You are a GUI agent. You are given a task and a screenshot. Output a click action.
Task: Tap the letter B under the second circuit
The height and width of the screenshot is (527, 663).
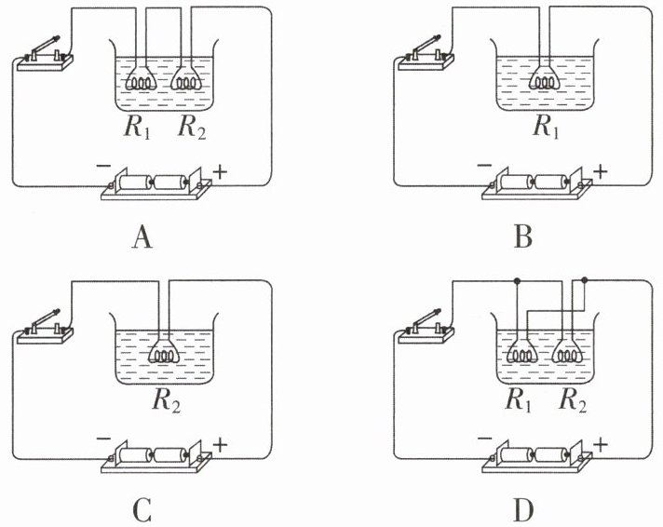coord(523,237)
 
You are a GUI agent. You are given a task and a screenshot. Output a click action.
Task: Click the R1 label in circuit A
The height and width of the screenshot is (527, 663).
coord(137,127)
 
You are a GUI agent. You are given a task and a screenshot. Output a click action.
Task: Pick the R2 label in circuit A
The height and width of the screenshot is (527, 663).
coord(192,127)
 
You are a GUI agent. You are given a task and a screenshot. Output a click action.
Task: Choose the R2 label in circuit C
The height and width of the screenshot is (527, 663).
coord(166,400)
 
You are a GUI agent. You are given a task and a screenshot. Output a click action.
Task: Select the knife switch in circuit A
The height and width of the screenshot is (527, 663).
coord(45,55)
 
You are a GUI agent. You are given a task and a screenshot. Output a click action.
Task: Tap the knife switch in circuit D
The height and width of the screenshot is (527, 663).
coord(426,328)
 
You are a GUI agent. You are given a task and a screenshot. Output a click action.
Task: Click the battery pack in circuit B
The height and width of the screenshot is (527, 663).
coord(537,184)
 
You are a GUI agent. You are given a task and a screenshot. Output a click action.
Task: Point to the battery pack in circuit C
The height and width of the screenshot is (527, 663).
coord(156,457)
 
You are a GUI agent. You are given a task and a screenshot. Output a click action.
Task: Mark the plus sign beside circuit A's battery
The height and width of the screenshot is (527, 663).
coord(220,172)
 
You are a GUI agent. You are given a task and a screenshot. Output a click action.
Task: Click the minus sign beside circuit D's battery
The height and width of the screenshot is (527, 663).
coord(484,439)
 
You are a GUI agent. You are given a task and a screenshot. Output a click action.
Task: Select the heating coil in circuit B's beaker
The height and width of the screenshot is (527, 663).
coord(545,79)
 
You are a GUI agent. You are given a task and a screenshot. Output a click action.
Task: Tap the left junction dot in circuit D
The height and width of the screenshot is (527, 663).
coord(516,280)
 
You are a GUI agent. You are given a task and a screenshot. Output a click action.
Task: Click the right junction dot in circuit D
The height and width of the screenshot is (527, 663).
coord(585,280)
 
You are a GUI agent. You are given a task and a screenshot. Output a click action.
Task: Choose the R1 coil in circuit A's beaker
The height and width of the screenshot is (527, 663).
coord(142,79)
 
